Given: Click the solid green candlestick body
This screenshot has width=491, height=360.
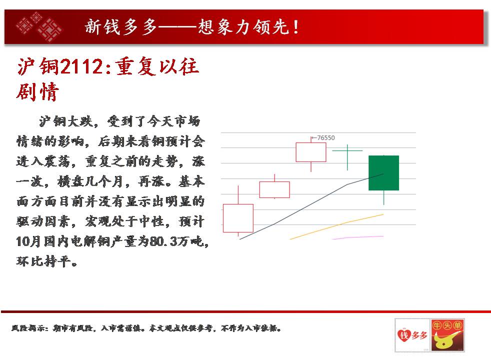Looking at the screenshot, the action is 383,173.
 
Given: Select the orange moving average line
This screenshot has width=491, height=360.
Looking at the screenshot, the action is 336,226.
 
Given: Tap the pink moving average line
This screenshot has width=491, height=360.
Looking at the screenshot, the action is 358,237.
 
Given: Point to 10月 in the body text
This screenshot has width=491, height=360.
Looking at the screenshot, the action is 28,241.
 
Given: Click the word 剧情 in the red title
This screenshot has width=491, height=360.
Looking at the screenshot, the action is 37,91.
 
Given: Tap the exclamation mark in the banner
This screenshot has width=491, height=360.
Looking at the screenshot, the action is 296,26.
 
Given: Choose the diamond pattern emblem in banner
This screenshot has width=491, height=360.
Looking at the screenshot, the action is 39,26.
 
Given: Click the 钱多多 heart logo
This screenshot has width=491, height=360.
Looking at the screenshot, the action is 412,335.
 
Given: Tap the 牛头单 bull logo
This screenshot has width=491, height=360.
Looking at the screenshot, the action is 447,335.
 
